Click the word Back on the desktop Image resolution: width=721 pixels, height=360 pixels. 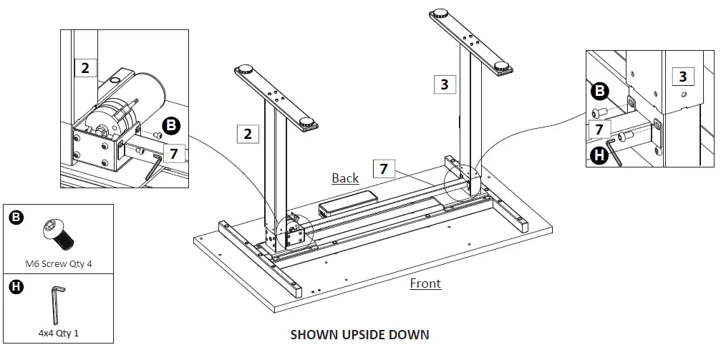(345, 177)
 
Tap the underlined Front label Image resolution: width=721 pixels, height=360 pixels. (425, 283)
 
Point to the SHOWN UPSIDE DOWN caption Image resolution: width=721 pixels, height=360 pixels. (359, 334)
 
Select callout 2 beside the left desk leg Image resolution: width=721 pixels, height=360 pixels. (247, 133)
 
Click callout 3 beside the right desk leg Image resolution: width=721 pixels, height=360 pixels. (444, 84)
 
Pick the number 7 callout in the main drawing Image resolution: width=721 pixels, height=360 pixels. (384, 169)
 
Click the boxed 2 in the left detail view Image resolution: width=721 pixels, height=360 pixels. (85, 68)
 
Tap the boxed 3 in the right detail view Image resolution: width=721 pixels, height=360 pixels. (682, 77)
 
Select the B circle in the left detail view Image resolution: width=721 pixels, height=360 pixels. (170, 126)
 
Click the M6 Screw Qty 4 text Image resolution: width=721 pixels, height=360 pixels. (59, 263)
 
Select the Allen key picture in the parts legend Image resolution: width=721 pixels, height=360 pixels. (57, 303)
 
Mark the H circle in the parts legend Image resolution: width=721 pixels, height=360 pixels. (16, 287)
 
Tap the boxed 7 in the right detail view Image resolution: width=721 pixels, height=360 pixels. (599, 129)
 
